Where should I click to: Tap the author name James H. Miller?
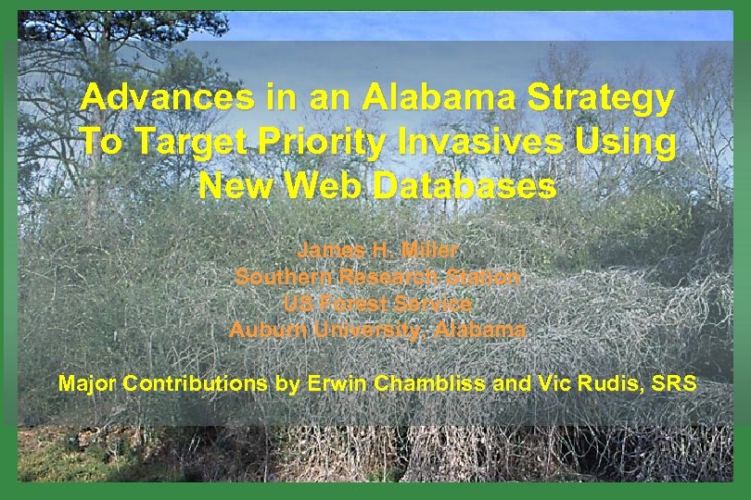point(377,250)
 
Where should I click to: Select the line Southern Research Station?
point(377,276)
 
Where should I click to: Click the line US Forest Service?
point(377,303)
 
